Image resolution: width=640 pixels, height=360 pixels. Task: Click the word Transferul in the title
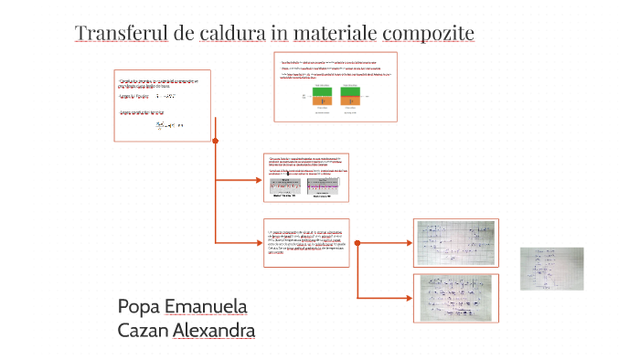pyautogui.click(x=123, y=34)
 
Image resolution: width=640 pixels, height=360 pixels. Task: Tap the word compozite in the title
pyautogui.click(x=428, y=35)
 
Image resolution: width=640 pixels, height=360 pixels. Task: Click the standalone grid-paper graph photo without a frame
pyautogui.click(x=551, y=268)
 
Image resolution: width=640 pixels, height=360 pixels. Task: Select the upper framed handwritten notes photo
pyautogui.click(x=455, y=242)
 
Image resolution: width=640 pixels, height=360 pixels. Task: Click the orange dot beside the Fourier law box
pyautogui.click(x=215, y=141)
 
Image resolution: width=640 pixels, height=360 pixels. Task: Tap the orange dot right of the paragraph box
pyautogui.click(x=357, y=243)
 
